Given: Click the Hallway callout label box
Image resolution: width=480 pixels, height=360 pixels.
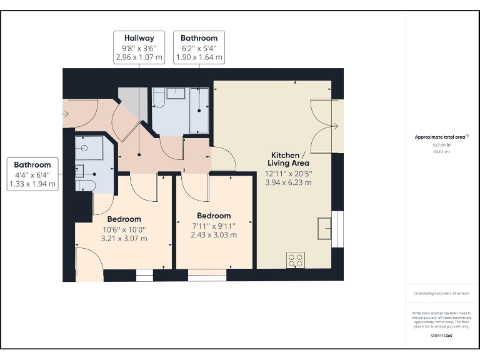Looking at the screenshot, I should [x=139, y=47].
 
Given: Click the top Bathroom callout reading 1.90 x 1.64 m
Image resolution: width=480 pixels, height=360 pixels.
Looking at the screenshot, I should [x=199, y=47].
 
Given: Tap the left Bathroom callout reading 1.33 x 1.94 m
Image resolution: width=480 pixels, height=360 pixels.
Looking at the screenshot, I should [x=32, y=174].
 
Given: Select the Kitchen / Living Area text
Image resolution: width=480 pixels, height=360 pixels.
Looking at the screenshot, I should [x=288, y=159].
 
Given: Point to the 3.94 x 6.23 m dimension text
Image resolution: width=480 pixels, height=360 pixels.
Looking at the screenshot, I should [x=288, y=182].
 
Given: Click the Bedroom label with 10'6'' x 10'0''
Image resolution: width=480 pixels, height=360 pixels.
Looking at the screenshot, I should [x=124, y=229].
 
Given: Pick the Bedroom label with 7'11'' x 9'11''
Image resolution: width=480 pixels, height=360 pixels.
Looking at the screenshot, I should [x=214, y=225].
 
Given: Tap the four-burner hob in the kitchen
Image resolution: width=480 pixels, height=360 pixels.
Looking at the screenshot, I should [x=296, y=260].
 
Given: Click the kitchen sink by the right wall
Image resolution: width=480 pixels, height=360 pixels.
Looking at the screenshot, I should [x=324, y=228].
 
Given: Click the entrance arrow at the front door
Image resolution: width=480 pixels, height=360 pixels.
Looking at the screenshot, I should [x=65, y=114].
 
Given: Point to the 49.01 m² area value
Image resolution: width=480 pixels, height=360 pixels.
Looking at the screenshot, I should [x=441, y=151].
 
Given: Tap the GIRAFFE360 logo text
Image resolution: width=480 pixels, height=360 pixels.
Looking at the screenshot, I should [x=441, y=336].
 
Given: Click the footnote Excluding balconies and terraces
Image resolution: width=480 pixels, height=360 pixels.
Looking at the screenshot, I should [x=441, y=293].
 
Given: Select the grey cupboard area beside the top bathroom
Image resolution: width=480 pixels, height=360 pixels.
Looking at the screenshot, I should [x=132, y=100].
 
